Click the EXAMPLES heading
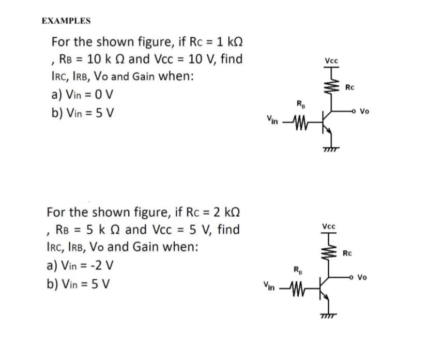coord(66,21)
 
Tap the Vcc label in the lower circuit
coord(329,227)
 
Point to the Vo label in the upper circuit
coord(365,111)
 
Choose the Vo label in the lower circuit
coord(362,277)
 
